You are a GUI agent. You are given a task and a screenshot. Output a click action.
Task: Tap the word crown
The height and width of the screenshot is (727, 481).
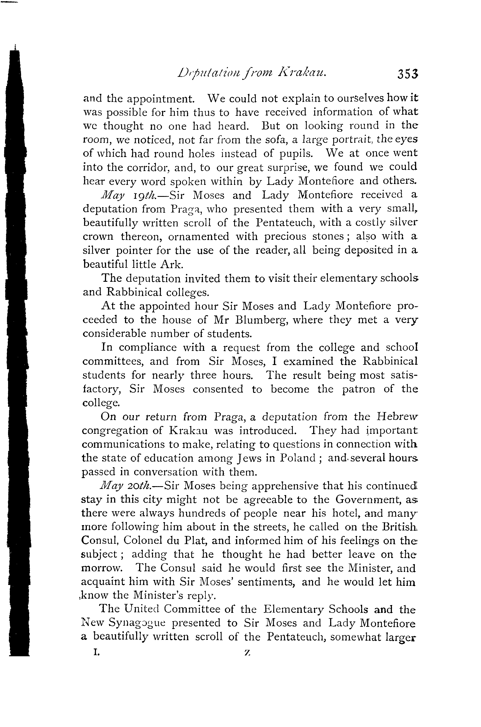tap(98, 237)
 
